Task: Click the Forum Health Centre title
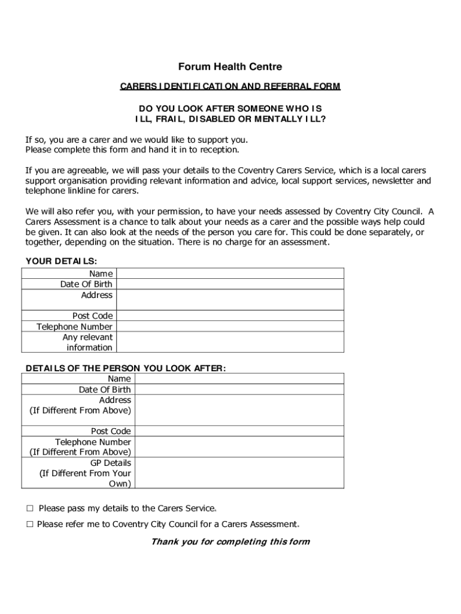[230, 67]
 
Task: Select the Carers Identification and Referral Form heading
[230, 86]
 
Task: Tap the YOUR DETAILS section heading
[61, 261]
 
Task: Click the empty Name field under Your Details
[230, 273]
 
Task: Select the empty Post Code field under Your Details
[230, 315]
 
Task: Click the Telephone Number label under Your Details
[74, 327]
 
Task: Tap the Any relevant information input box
[230, 342]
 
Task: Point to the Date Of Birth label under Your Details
[86, 284]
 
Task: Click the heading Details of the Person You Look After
[126, 368]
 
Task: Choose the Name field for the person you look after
[239, 379]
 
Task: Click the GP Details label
[111, 463]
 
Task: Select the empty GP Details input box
[239, 473]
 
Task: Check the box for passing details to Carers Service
[29, 508]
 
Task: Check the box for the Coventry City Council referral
[29, 524]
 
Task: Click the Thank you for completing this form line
[230, 542]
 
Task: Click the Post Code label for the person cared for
[111, 431]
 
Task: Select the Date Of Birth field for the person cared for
[239, 390]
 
